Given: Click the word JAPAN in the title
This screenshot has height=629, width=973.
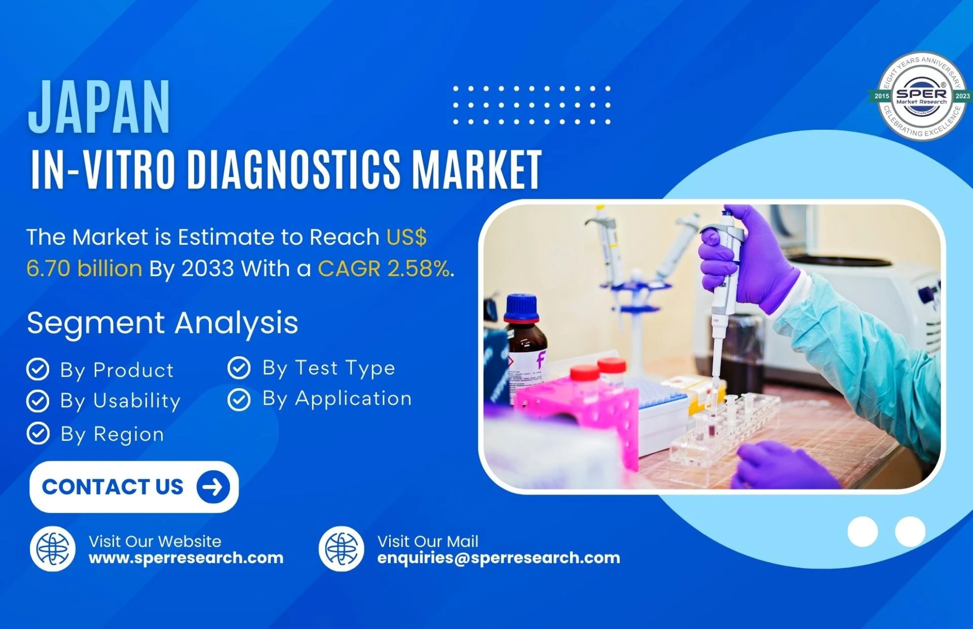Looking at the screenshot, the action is point(99,107).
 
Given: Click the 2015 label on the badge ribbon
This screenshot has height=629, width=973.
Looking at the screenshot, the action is point(882,96).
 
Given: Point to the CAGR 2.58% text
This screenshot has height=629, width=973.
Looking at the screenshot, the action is point(384,269).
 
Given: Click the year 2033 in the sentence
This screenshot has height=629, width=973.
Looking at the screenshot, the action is point(208,269).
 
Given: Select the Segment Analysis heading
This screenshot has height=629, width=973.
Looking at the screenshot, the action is point(163,323).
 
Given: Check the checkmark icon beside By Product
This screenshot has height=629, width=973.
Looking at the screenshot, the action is point(38,369).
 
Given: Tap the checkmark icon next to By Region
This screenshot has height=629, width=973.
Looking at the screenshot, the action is point(38,433).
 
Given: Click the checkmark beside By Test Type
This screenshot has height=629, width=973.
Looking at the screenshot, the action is point(239,368).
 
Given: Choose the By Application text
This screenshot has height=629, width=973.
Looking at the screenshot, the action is point(337,399).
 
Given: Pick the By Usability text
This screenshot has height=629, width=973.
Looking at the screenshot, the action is point(120,401).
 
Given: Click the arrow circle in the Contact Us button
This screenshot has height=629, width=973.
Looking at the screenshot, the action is point(213,487).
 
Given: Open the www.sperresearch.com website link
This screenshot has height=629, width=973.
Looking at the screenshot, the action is point(186,558).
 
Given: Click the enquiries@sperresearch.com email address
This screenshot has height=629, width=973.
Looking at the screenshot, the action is point(499,558).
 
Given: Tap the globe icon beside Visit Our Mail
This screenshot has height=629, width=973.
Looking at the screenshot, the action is point(342,549).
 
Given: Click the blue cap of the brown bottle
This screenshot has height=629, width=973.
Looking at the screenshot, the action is point(521,308).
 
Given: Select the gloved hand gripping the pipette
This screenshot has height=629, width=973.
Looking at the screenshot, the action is point(745,258).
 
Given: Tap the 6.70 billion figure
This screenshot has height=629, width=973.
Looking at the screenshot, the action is point(84,269).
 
